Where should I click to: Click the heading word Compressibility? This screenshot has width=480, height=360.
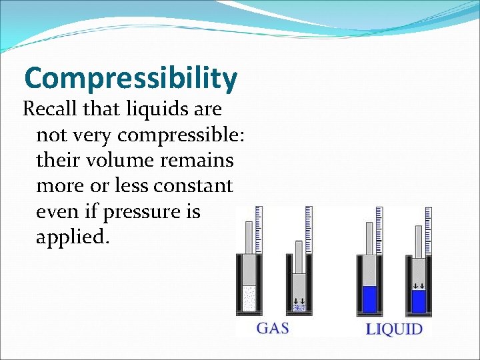pos(131,79)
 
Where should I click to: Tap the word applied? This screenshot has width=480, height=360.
pos(71,237)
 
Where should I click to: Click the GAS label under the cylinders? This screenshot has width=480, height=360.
pos(273,328)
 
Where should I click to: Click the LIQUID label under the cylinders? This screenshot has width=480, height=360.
pos(395,328)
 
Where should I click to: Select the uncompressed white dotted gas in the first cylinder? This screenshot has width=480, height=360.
pos(249,298)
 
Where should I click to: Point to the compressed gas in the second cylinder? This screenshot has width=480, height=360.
pos(299,308)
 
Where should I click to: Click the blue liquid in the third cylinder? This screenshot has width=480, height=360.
pos(369,299)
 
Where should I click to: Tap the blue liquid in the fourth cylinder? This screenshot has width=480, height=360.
pos(419,302)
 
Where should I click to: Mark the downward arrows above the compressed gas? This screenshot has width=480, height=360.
pos(299,300)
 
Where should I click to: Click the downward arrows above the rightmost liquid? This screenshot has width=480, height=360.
pos(419,286)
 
